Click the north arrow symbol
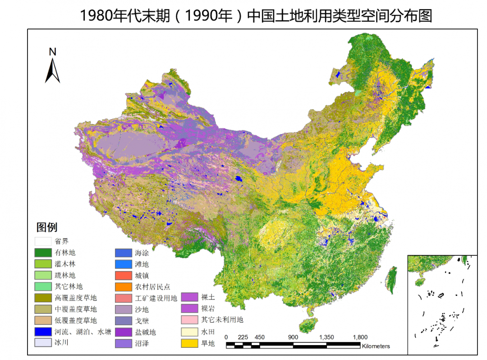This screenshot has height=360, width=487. (x=53, y=71)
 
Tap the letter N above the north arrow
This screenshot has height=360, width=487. (x=53, y=52)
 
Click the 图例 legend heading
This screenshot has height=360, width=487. (x=47, y=227)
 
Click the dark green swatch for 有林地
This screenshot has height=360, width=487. (x=43, y=253)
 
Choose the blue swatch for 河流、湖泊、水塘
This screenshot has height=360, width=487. (x=43, y=332)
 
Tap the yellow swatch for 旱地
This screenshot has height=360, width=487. (x=190, y=343)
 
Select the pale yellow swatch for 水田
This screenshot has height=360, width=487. (x=190, y=332)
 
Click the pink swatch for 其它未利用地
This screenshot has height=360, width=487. (x=190, y=320)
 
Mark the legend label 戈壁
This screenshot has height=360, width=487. (x=142, y=321)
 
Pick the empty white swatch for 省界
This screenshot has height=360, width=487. (x=43, y=241)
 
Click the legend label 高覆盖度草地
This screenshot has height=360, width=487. (x=76, y=298)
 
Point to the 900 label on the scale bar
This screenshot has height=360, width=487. (x=293, y=337)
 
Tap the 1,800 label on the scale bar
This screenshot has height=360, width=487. (x=360, y=337)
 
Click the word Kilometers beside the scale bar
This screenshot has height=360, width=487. (x=376, y=346)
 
